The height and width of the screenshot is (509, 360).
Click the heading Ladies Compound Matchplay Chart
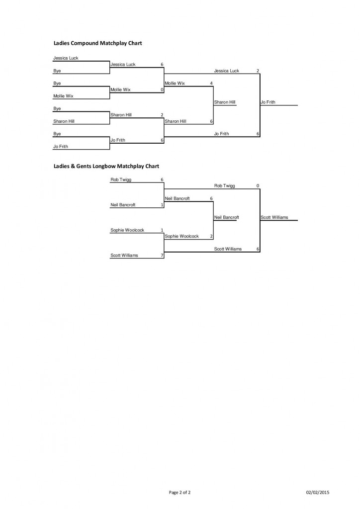(x=97, y=43)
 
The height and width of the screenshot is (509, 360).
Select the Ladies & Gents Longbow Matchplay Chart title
(x=106, y=166)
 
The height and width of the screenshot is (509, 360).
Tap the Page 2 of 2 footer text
(x=180, y=493)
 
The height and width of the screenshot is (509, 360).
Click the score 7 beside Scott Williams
(x=162, y=255)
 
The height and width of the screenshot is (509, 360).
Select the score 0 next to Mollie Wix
(x=162, y=90)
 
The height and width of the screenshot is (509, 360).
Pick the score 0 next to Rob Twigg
(x=258, y=186)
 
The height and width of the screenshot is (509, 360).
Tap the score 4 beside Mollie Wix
(x=211, y=84)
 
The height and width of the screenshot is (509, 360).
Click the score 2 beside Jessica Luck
(x=258, y=71)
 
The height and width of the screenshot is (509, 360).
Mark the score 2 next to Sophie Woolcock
(x=211, y=237)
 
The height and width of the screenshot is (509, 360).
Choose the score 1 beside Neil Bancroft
(x=162, y=205)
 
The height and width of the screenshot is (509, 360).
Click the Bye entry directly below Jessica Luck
(x=57, y=71)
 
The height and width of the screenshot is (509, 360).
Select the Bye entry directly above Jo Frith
(x=57, y=134)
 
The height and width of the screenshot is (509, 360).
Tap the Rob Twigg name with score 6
(x=121, y=179)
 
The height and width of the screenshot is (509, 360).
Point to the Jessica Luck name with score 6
(x=123, y=65)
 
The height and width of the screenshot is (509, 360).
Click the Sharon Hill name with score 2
(x=121, y=115)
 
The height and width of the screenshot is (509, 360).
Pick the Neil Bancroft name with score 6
(x=177, y=198)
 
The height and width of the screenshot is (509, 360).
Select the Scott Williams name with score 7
(x=124, y=255)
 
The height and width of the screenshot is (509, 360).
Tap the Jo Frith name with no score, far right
(x=268, y=102)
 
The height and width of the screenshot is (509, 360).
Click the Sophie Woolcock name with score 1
(x=127, y=230)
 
